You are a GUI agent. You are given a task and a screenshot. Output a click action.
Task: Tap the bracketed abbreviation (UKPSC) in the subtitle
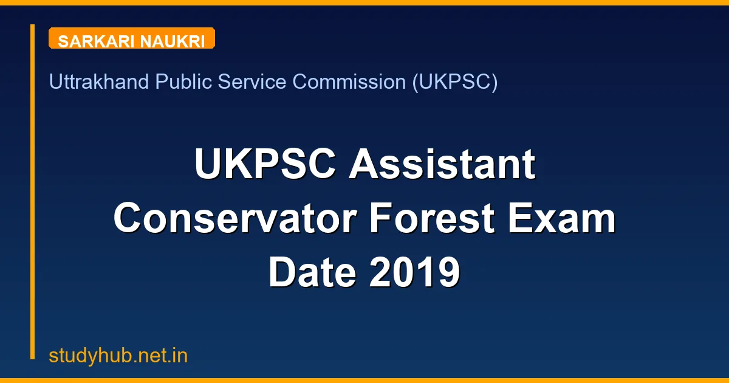(455, 81)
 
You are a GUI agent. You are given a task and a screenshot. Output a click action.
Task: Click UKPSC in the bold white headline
(266, 165)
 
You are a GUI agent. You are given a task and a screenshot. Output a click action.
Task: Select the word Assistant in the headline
(442, 165)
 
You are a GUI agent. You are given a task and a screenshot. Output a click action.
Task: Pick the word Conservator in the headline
(234, 219)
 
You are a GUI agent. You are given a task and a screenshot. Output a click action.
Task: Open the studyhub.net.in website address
(118, 356)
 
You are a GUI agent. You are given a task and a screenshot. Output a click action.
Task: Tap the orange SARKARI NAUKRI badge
(131, 38)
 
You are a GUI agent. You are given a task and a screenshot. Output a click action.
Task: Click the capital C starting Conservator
(131, 219)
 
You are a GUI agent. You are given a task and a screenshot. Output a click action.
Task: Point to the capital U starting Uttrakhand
(55, 81)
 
